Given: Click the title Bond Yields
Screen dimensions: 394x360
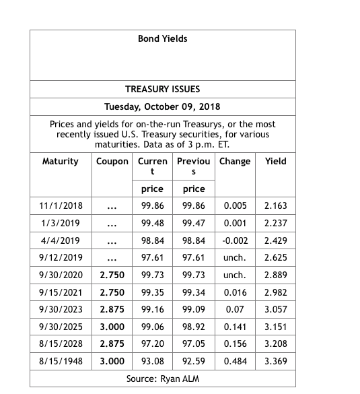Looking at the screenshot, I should [x=162, y=39].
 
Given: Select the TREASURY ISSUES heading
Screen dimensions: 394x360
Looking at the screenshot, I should [x=162, y=89].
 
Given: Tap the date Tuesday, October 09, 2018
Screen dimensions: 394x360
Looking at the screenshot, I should [x=162, y=106].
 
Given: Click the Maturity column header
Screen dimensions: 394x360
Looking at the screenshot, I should [x=60, y=162].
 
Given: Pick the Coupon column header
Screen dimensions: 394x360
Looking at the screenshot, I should [x=112, y=162].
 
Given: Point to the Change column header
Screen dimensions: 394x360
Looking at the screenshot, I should [x=235, y=162].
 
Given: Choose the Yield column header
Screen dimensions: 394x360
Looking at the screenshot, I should [x=275, y=162].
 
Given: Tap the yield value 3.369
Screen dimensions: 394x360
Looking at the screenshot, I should [x=275, y=362].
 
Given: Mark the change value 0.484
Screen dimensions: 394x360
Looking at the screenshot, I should [x=235, y=362].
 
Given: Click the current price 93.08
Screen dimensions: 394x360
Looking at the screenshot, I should [x=153, y=362].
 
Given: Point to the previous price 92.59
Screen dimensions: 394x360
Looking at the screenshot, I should [x=194, y=362].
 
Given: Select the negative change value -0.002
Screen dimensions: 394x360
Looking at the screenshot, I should [x=235, y=240].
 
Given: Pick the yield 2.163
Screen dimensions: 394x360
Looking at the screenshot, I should [x=275, y=205].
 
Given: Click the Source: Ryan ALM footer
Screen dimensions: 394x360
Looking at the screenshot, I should [x=162, y=379].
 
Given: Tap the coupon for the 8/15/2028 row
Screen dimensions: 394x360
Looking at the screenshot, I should [x=112, y=344].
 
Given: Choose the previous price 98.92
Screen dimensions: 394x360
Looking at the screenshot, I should [x=194, y=327].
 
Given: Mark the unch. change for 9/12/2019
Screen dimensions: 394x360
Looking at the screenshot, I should [x=235, y=258].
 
